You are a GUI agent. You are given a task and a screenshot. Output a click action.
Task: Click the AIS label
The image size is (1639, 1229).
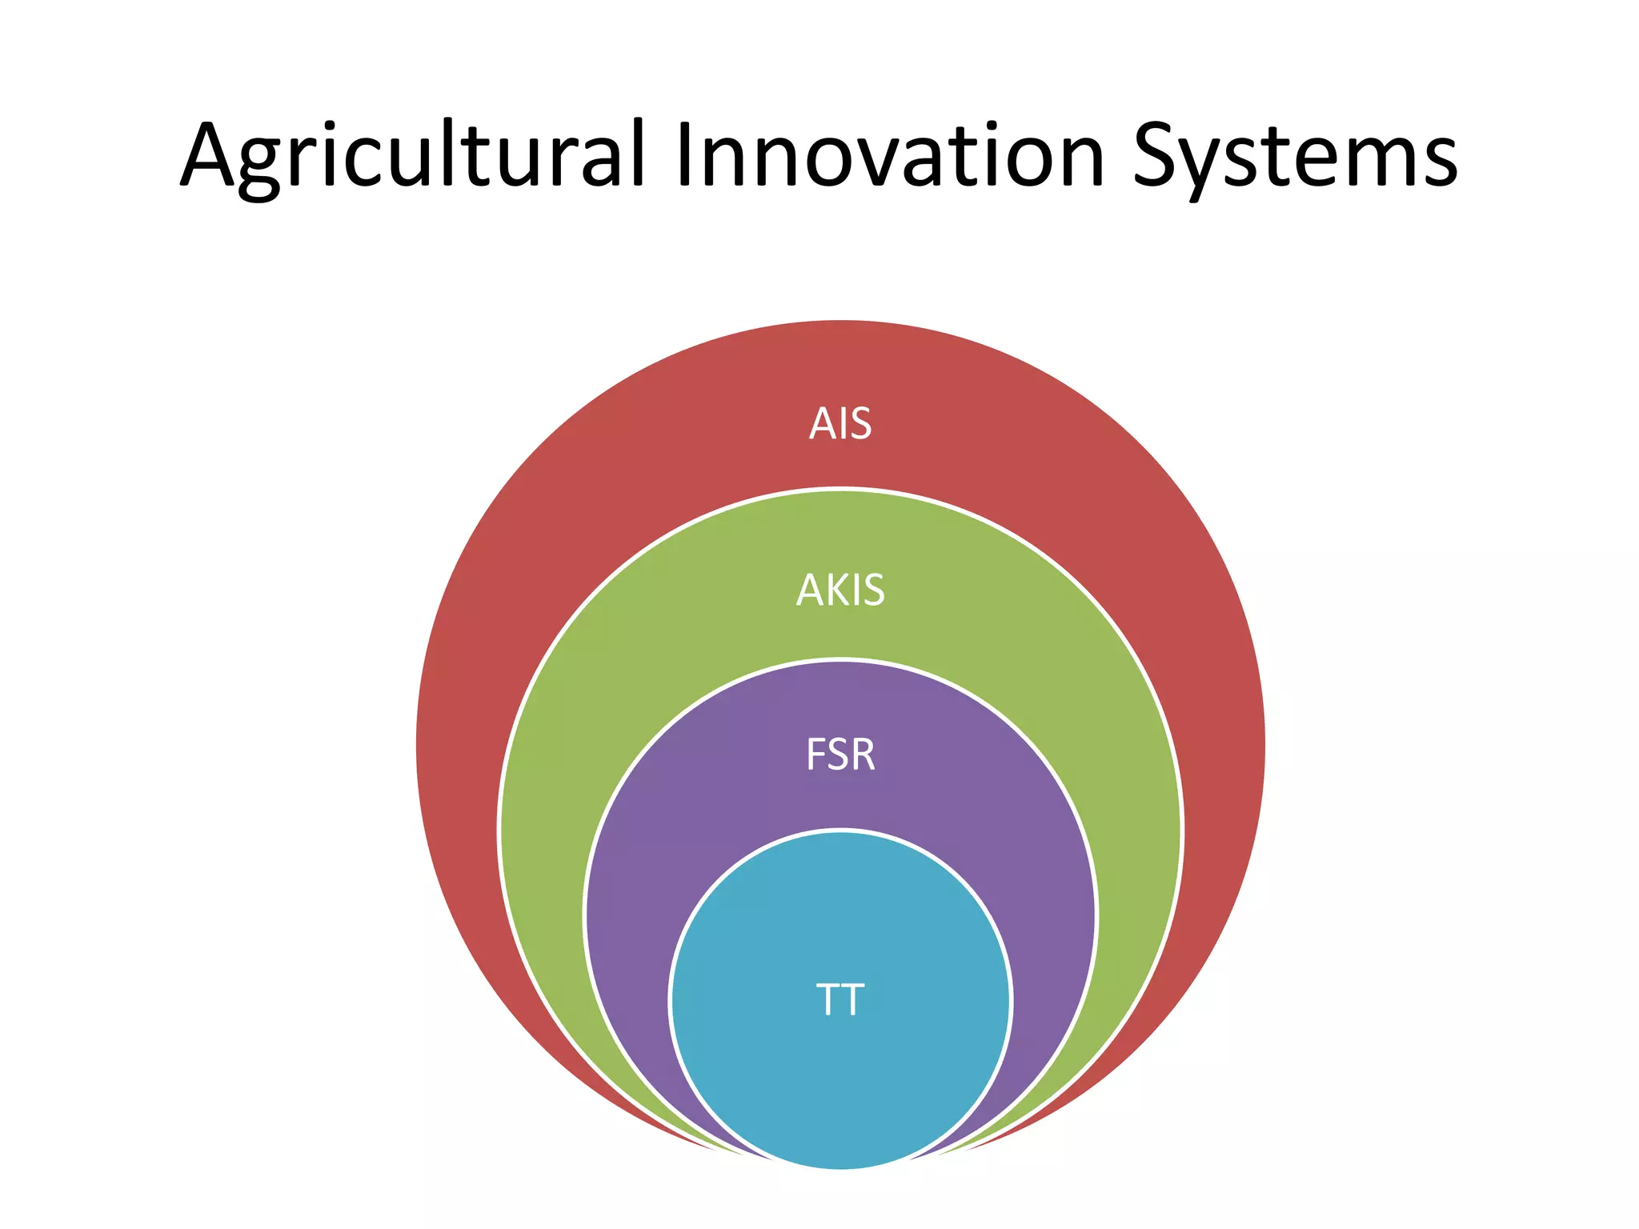tap(840, 423)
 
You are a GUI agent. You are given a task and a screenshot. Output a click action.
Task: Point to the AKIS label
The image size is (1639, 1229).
tap(840, 590)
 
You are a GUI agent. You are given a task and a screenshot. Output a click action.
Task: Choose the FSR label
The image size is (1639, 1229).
tap(840, 755)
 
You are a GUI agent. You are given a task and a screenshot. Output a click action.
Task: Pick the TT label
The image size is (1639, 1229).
tap(840, 999)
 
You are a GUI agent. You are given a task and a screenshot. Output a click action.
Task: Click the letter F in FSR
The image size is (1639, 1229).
tap(815, 755)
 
